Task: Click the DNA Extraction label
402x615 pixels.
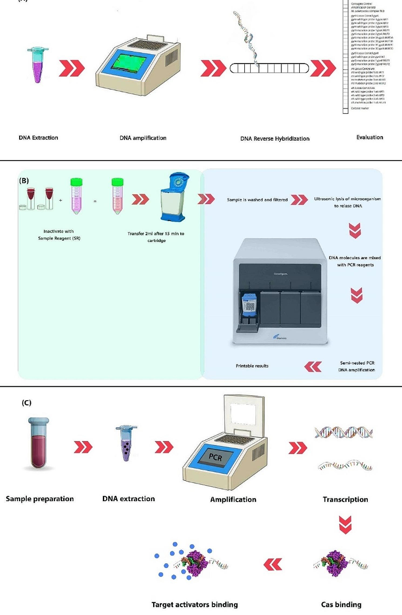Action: coord(38,138)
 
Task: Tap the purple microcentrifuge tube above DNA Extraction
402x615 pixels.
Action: coord(38,65)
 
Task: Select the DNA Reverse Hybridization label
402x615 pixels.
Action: coord(275,139)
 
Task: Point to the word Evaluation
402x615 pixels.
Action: coord(370,137)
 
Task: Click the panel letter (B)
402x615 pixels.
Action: coord(24,181)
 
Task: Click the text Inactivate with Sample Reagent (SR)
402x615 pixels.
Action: coord(59,235)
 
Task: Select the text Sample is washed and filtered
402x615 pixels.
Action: coord(257,200)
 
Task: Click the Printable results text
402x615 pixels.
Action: coord(252,366)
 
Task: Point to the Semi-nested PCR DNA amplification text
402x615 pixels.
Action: coord(356,366)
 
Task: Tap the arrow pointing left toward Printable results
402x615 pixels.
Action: coord(313,367)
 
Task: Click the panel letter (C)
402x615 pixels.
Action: coord(26,403)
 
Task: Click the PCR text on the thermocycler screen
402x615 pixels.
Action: coord(215,457)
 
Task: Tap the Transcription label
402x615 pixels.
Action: coord(345,499)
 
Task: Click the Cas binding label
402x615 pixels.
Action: coord(341,605)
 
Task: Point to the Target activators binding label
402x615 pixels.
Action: coord(195,605)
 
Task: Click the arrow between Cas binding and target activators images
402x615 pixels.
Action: coord(273,565)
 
